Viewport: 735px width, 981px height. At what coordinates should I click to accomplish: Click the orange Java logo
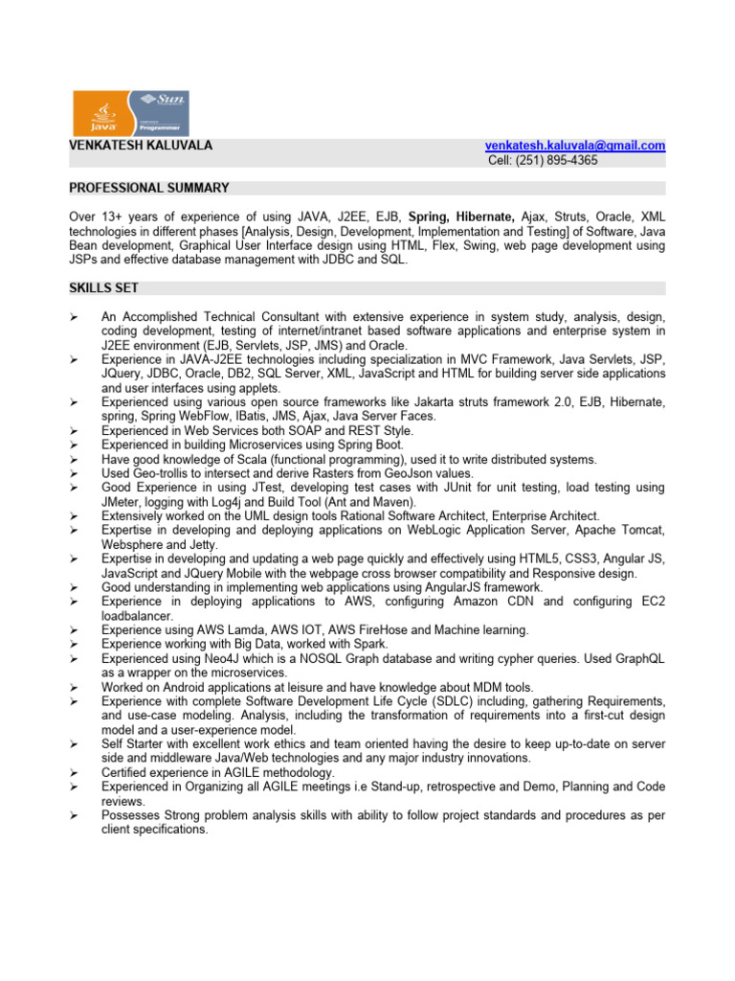click(102, 113)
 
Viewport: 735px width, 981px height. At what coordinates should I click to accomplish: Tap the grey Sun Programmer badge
click(159, 113)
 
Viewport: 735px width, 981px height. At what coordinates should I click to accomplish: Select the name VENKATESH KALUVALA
click(141, 146)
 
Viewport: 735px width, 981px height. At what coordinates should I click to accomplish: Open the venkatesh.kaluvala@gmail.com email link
click(575, 146)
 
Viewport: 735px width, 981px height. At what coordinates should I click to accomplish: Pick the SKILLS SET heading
click(103, 287)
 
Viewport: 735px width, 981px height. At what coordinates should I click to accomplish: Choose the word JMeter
click(123, 502)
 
